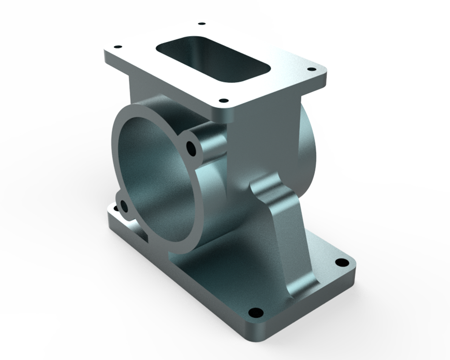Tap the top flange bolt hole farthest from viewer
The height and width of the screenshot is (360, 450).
pyautogui.click(x=201, y=24)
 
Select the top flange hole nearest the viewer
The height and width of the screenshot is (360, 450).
pyautogui.click(x=223, y=101)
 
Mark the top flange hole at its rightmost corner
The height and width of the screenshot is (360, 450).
pyautogui.click(x=309, y=69)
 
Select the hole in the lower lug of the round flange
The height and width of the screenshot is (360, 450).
pyautogui.click(x=123, y=206)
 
